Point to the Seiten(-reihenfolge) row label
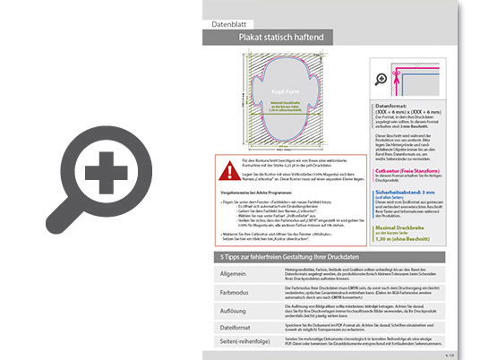click(242, 344)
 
